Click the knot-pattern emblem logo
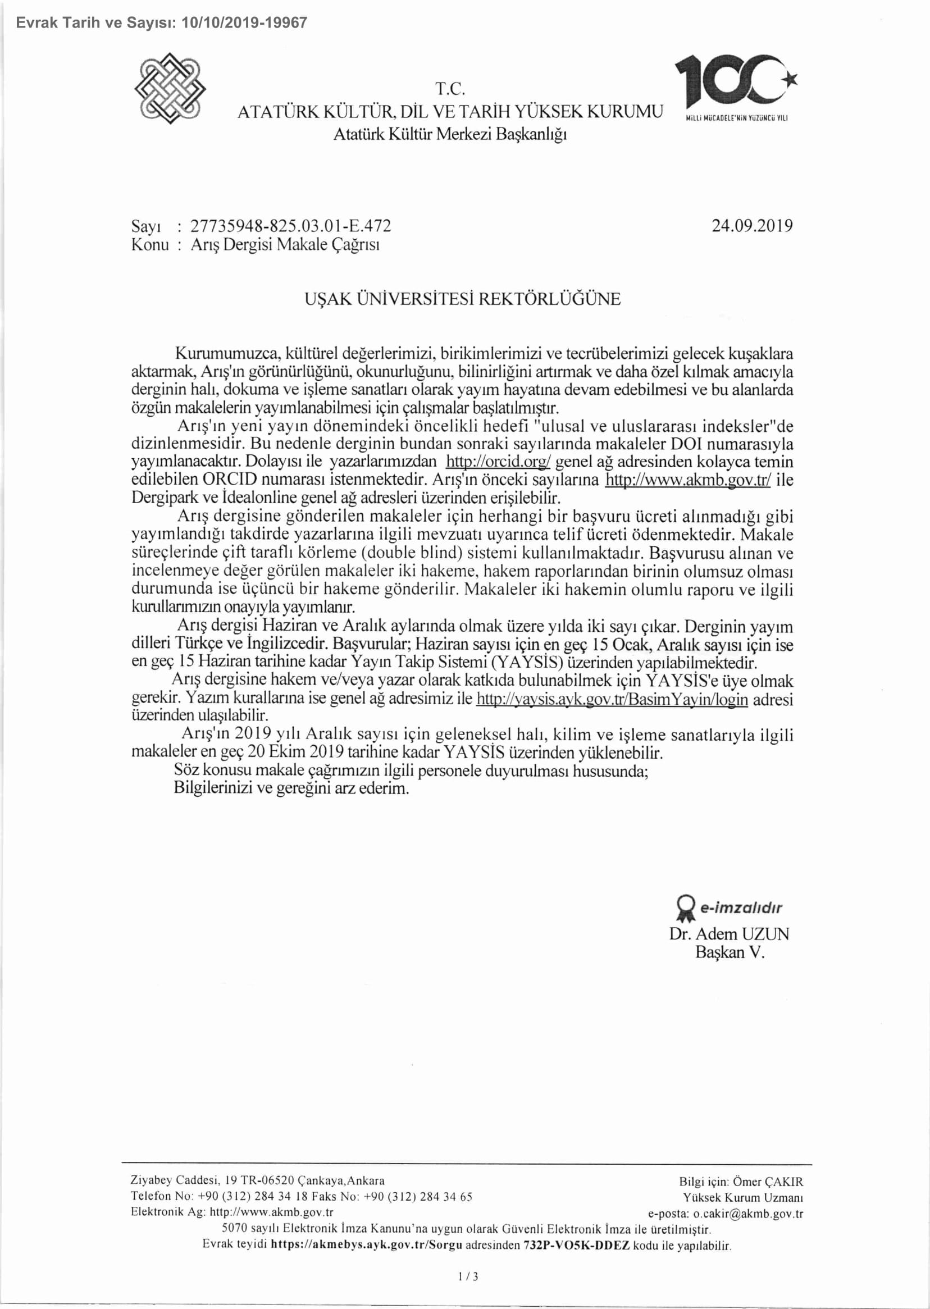170,88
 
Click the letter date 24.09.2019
752,226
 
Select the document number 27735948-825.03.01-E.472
290,226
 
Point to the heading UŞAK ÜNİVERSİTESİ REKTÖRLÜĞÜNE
463,299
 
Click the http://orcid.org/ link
498,462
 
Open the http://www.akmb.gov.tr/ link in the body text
688,480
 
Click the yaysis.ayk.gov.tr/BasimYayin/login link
612,699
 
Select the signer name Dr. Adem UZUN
729,934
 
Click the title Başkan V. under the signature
730,952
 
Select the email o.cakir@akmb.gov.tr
748,1213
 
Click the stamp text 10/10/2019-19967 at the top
244,23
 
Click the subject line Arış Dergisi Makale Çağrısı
285,244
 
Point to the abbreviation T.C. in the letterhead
450,89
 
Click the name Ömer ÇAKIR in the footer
768,1182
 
